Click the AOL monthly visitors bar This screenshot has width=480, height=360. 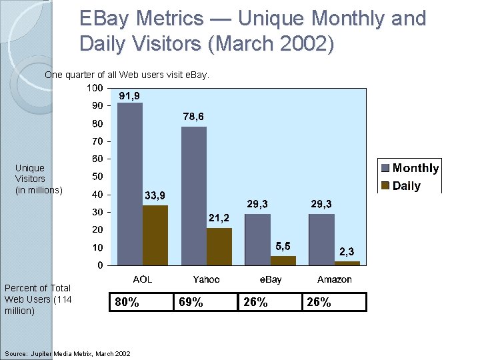point(130,184)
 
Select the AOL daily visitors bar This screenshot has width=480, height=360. point(155,235)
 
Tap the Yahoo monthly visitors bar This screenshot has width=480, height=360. point(194,196)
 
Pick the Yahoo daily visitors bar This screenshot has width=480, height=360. point(219,247)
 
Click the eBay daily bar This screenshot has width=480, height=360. point(283,261)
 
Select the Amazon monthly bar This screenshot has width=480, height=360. point(321,239)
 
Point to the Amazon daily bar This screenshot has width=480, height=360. point(347,263)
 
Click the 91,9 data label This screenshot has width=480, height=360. point(129,96)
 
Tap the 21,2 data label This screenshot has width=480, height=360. point(219,218)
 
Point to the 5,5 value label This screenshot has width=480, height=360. point(283,246)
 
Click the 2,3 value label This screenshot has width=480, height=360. point(347,252)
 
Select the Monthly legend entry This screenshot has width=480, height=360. point(409,168)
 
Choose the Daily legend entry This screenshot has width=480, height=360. point(401,186)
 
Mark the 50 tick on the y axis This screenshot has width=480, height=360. point(97,177)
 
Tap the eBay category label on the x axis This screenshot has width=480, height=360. point(270,279)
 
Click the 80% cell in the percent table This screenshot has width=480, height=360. point(141,302)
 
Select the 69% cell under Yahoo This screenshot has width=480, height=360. point(205,302)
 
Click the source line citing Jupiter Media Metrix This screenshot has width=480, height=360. point(67,353)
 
